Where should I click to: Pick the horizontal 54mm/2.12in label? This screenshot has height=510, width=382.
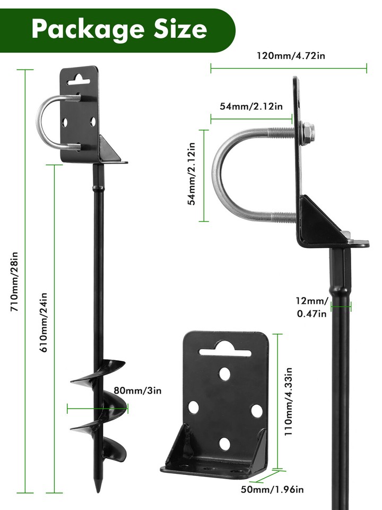point(251,106)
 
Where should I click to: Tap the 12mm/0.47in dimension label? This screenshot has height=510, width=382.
point(311,307)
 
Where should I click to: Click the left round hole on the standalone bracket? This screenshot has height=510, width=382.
point(194,407)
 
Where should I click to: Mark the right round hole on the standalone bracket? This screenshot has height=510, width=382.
point(256,410)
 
